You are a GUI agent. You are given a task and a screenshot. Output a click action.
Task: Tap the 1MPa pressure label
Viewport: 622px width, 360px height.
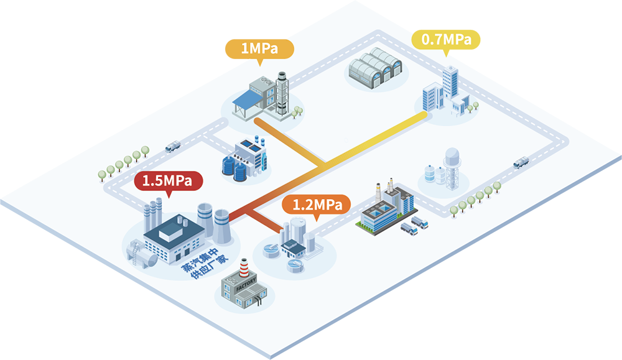pyautogui.click(x=259, y=48)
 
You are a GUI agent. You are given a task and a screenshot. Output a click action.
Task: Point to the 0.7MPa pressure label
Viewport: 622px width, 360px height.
pyautogui.click(x=446, y=39)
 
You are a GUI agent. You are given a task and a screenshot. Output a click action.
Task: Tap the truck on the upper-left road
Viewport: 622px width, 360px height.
pyautogui.click(x=173, y=147)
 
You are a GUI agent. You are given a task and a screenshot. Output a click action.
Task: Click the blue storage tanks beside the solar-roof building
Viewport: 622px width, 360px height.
pyautogui.click(x=234, y=167)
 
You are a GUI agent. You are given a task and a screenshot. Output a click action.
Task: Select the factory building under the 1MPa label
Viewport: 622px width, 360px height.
pyautogui.click(x=264, y=96)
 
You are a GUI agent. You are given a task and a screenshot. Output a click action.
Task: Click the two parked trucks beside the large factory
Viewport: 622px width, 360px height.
pyautogui.click(x=414, y=226)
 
